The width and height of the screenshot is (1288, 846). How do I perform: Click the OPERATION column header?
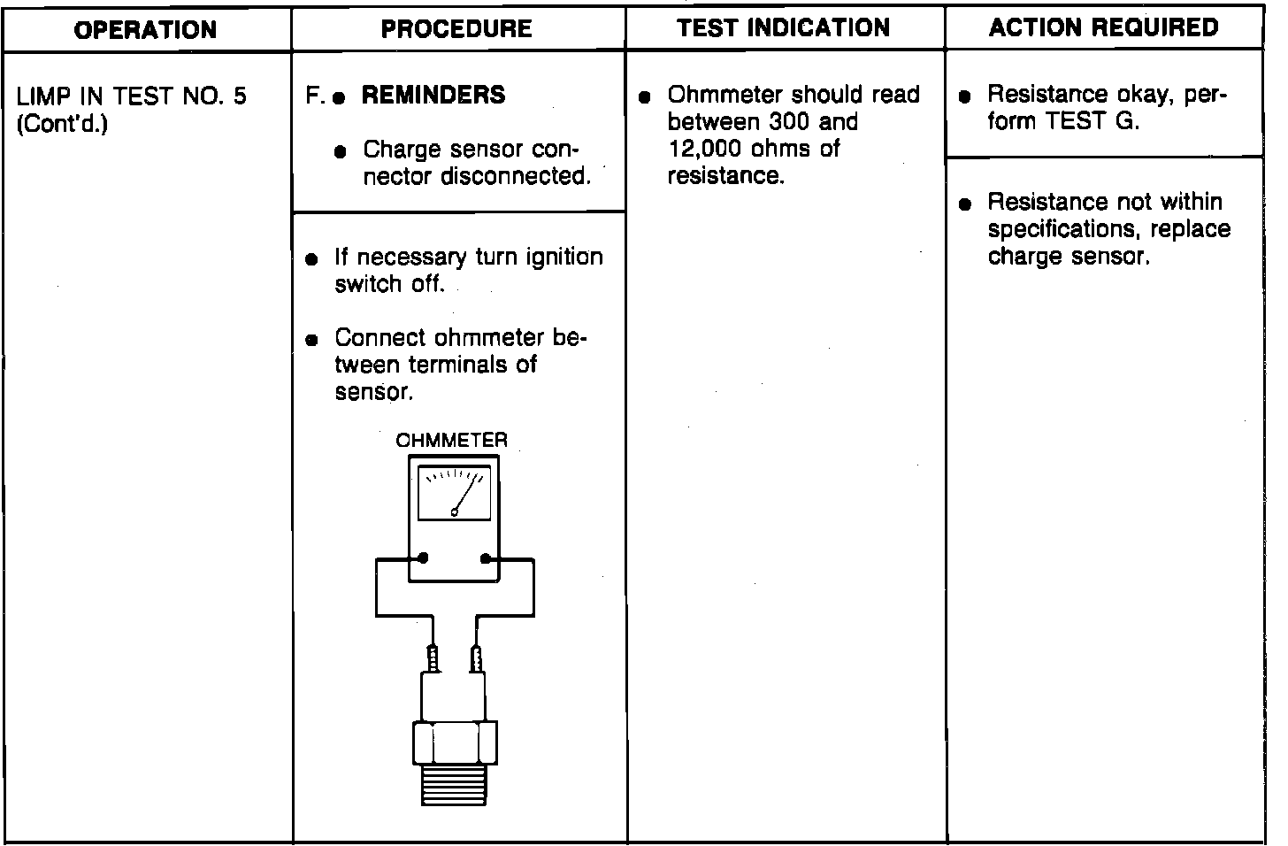(145, 30)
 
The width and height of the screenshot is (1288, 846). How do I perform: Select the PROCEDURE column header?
(456, 29)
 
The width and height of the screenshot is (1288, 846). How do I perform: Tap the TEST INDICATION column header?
(784, 28)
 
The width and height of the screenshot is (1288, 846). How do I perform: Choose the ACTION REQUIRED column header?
(1104, 28)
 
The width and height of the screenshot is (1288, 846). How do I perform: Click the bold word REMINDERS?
(433, 95)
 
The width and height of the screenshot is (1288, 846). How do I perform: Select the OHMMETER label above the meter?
(452, 440)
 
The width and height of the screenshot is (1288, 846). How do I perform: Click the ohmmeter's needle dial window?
(454, 493)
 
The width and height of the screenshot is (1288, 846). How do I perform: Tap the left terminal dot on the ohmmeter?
(423, 558)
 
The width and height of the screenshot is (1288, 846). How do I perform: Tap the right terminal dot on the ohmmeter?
(485, 558)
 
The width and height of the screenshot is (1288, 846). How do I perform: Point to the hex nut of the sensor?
(454, 742)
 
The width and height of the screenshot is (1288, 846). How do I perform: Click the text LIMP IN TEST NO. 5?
(132, 96)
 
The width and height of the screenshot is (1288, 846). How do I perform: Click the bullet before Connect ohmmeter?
(310, 341)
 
